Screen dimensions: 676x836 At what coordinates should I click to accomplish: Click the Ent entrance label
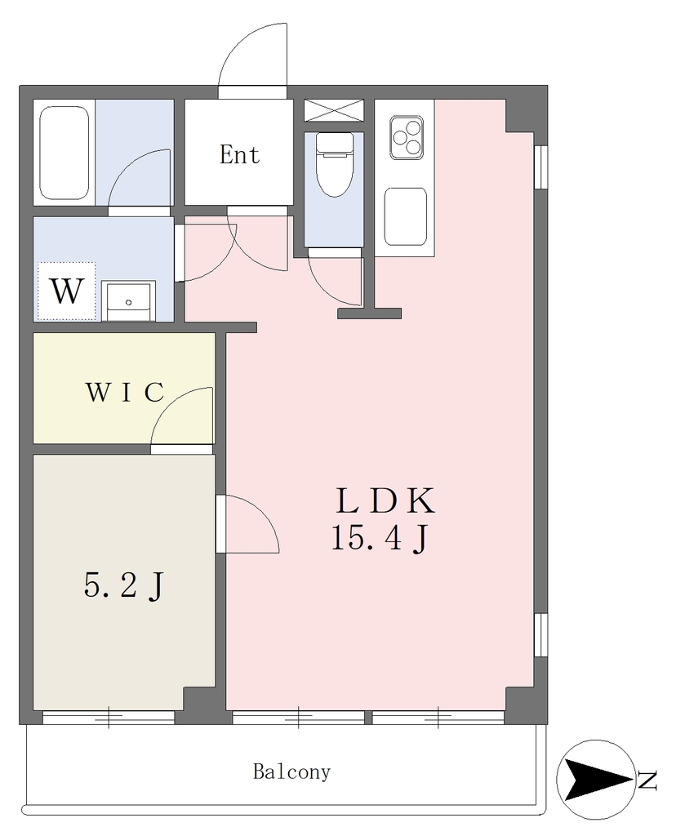click(x=239, y=154)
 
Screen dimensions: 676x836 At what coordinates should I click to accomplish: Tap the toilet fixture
click(x=334, y=164)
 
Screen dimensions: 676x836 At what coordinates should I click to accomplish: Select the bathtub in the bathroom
click(x=64, y=153)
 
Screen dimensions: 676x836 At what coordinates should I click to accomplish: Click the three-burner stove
click(x=407, y=137)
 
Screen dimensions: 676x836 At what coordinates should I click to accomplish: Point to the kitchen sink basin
click(x=405, y=216)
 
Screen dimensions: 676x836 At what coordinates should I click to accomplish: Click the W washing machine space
click(x=66, y=291)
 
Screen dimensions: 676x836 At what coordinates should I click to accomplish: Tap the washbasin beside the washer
click(x=128, y=301)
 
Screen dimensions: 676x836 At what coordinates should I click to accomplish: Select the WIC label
click(x=124, y=393)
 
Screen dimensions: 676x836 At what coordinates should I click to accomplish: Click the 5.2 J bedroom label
click(x=123, y=586)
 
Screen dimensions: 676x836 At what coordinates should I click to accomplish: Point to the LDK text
click(x=385, y=500)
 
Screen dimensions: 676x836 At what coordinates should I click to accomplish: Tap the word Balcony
click(x=291, y=772)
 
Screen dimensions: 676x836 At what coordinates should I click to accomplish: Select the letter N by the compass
click(x=647, y=780)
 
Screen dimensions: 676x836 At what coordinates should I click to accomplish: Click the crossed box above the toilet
click(x=334, y=111)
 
